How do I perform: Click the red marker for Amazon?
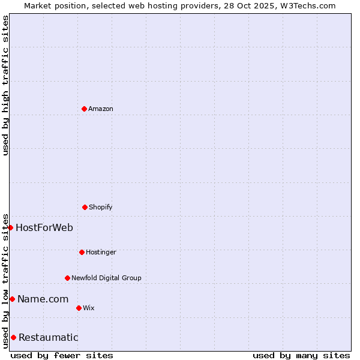(x=84, y=109)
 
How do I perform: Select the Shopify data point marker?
(x=85, y=207)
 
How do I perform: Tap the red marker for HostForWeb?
(x=10, y=227)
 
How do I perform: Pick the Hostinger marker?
(x=82, y=252)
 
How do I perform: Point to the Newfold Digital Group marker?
(x=67, y=278)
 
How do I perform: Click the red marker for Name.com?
(x=12, y=299)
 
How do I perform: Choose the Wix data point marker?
(x=79, y=308)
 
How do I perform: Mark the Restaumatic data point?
(x=13, y=337)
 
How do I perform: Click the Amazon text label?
(x=101, y=109)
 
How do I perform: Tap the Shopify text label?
(x=101, y=207)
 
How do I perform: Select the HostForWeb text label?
(x=44, y=227)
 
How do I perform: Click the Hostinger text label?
(x=101, y=252)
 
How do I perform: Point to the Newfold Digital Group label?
(x=106, y=278)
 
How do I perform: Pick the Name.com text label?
(x=43, y=299)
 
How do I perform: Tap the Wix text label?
(x=89, y=308)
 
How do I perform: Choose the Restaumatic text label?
(x=48, y=337)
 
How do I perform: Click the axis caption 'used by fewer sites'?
(x=62, y=355)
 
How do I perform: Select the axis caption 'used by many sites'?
(x=301, y=355)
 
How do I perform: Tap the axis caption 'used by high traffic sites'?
(x=5, y=85)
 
